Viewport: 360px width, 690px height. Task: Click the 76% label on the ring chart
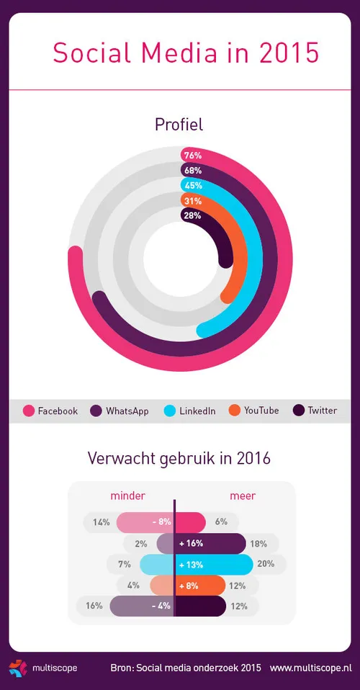192,156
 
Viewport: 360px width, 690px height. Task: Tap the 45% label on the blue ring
192,185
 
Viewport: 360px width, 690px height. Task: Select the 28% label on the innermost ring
192,215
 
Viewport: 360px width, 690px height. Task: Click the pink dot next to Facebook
29,411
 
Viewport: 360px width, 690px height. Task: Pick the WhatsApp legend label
127,411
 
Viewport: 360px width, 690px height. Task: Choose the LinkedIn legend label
198,411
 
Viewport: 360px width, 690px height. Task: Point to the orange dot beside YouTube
235,411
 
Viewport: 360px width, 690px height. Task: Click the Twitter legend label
322,411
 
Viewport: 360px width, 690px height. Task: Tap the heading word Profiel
179,125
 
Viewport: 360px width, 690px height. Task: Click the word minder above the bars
128,496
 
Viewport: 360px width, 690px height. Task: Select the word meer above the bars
243,496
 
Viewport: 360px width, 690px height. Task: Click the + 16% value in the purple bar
192,544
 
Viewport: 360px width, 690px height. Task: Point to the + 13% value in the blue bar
192,564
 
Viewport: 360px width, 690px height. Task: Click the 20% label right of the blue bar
266,564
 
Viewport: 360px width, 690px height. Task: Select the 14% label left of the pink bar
102,522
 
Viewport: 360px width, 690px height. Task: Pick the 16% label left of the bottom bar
94,606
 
